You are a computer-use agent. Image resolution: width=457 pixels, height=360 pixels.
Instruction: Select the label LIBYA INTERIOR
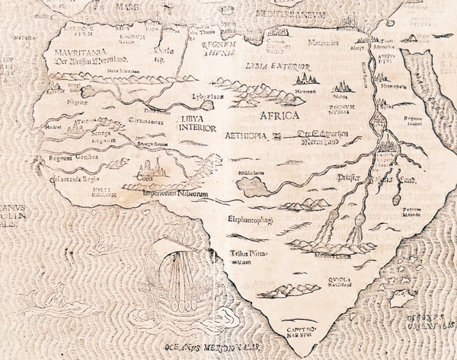pos(199,123)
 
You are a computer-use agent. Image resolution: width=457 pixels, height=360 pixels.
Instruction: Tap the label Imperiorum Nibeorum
pos(177,193)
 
